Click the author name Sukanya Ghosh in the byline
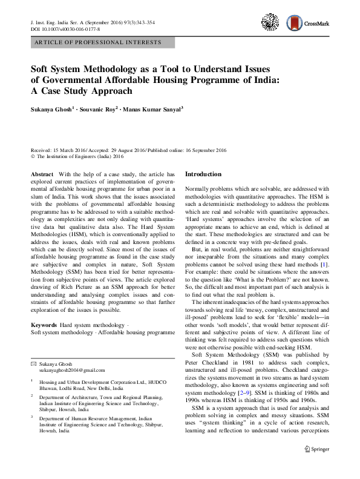point(52,110)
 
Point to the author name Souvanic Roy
point(98,110)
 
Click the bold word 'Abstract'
point(42,174)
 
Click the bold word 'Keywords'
point(44,325)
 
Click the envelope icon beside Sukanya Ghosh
point(33,346)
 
